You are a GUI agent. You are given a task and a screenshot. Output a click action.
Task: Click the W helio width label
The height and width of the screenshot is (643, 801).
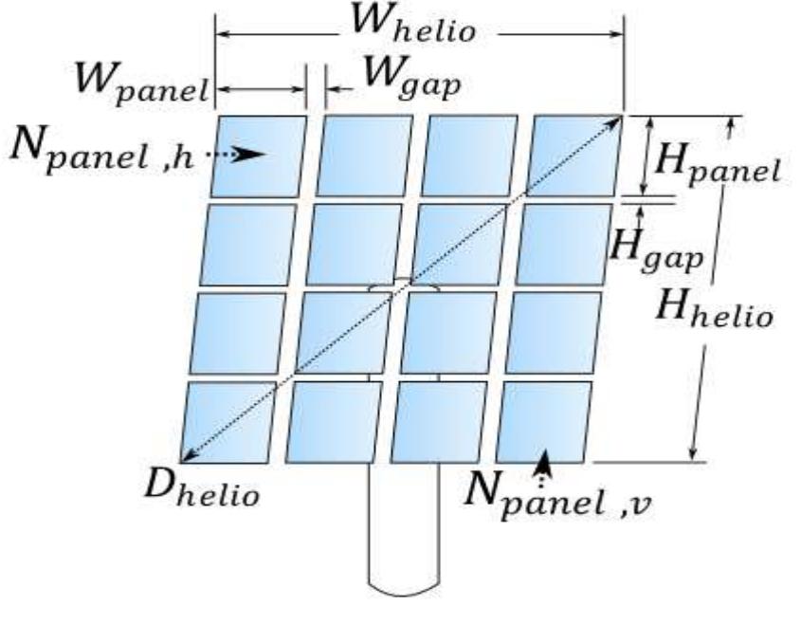[413, 26]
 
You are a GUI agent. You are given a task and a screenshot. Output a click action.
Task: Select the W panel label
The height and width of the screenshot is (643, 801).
[141, 84]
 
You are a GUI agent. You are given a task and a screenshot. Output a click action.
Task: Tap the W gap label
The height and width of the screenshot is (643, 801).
[411, 80]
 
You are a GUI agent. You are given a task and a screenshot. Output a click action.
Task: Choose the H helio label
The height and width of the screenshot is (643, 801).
[714, 308]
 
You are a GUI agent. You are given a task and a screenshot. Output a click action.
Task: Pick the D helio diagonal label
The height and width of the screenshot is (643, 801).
[202, 488]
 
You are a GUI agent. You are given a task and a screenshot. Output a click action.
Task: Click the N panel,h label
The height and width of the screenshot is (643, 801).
[102, 150]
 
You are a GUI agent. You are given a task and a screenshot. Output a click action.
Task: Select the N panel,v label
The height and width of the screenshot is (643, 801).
[557, 496]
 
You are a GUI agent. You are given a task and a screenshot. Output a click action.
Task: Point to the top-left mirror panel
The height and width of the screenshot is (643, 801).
[259, 156]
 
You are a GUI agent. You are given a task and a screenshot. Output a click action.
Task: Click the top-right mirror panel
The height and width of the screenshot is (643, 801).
[574, 156]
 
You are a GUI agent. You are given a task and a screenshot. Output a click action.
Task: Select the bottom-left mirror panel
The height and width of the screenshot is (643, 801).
[228, 422]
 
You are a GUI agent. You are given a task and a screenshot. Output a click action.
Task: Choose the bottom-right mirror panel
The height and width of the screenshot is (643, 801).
[544, 422]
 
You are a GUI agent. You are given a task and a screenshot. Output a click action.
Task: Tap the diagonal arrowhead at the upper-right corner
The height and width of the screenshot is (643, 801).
[614, 123]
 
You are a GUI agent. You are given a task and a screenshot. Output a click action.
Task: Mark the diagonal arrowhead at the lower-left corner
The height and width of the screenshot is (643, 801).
[189, 456]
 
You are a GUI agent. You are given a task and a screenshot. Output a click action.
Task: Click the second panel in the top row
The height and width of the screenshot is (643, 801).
[364, 156]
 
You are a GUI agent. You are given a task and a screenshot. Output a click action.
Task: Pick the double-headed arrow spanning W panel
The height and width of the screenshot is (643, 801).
[261, 90]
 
